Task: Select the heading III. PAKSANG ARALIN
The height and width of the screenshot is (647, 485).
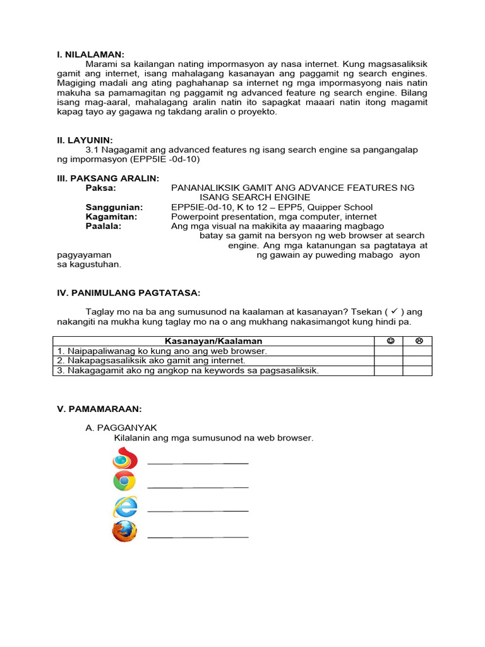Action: click(108, 178)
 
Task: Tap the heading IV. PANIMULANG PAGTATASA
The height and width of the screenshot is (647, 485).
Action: click(128, 293)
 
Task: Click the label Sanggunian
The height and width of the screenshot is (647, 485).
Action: click(114, 207)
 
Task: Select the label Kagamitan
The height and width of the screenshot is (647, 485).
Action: click(111, 217)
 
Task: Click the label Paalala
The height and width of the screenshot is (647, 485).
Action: click(104, 226)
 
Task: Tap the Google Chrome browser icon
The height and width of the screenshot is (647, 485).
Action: click(124, 481)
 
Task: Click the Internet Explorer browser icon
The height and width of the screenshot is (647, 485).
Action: click(124, 507)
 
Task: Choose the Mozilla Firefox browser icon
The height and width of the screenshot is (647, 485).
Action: click(124, 532)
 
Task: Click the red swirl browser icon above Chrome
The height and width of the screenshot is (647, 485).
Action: click(124, 457)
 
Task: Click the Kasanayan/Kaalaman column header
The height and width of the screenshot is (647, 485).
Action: click(213, 341)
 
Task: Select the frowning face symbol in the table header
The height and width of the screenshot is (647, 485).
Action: click(418, 341)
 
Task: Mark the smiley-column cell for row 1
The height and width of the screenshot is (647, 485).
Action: click(389, 351)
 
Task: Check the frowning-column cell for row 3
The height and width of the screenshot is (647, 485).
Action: click(418, 371)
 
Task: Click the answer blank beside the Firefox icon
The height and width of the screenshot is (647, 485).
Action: click(198, 536)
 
